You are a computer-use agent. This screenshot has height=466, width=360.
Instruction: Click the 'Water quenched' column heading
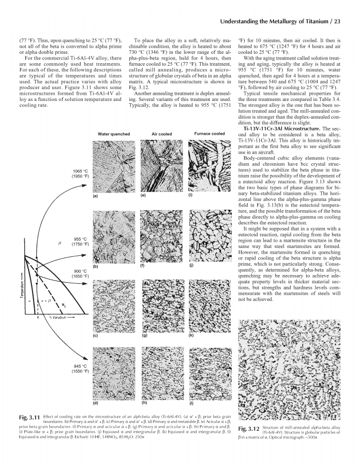114,134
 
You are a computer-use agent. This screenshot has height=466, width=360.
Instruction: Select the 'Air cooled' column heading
161,134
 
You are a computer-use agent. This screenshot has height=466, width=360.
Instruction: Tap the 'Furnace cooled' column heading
209,134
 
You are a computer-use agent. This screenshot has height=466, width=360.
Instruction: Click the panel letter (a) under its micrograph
95,196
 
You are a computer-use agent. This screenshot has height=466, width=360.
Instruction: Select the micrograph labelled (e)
161,166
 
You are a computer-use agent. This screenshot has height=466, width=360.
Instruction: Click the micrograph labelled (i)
209,166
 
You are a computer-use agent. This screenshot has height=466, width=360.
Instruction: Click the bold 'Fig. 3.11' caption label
30,417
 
